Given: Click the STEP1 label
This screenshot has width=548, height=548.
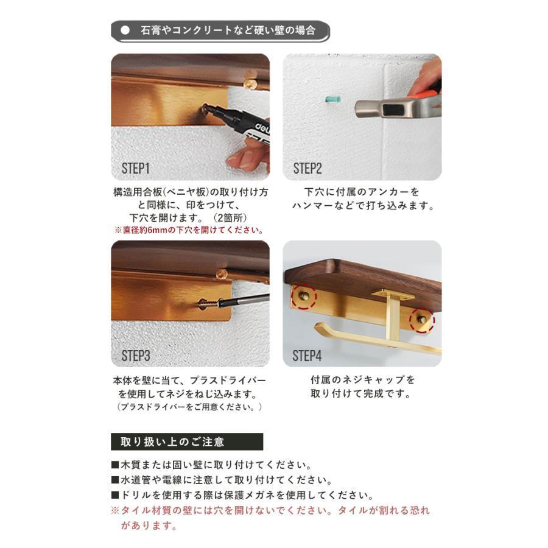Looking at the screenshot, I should (x=135, y=169).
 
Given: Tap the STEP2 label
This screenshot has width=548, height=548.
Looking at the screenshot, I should (x=307, y=169).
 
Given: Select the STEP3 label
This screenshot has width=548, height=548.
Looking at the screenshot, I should (x=135, y=356).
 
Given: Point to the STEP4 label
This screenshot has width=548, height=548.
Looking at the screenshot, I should (x=307, y=356).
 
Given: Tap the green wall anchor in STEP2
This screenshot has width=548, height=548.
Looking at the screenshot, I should (x=332, y=99).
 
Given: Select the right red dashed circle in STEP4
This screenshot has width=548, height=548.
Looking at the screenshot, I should (x=421, y=320).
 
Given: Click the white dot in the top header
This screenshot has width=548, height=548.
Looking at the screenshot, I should (x=125, y=30).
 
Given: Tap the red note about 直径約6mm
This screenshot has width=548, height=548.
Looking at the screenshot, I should (x=189, y=230).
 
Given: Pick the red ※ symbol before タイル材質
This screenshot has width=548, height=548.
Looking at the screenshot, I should (x=114, y=511).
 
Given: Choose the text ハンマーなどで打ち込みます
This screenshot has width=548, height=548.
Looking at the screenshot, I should (x=362, y=206).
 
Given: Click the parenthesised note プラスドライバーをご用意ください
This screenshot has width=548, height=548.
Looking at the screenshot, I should (x=189, y=406).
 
